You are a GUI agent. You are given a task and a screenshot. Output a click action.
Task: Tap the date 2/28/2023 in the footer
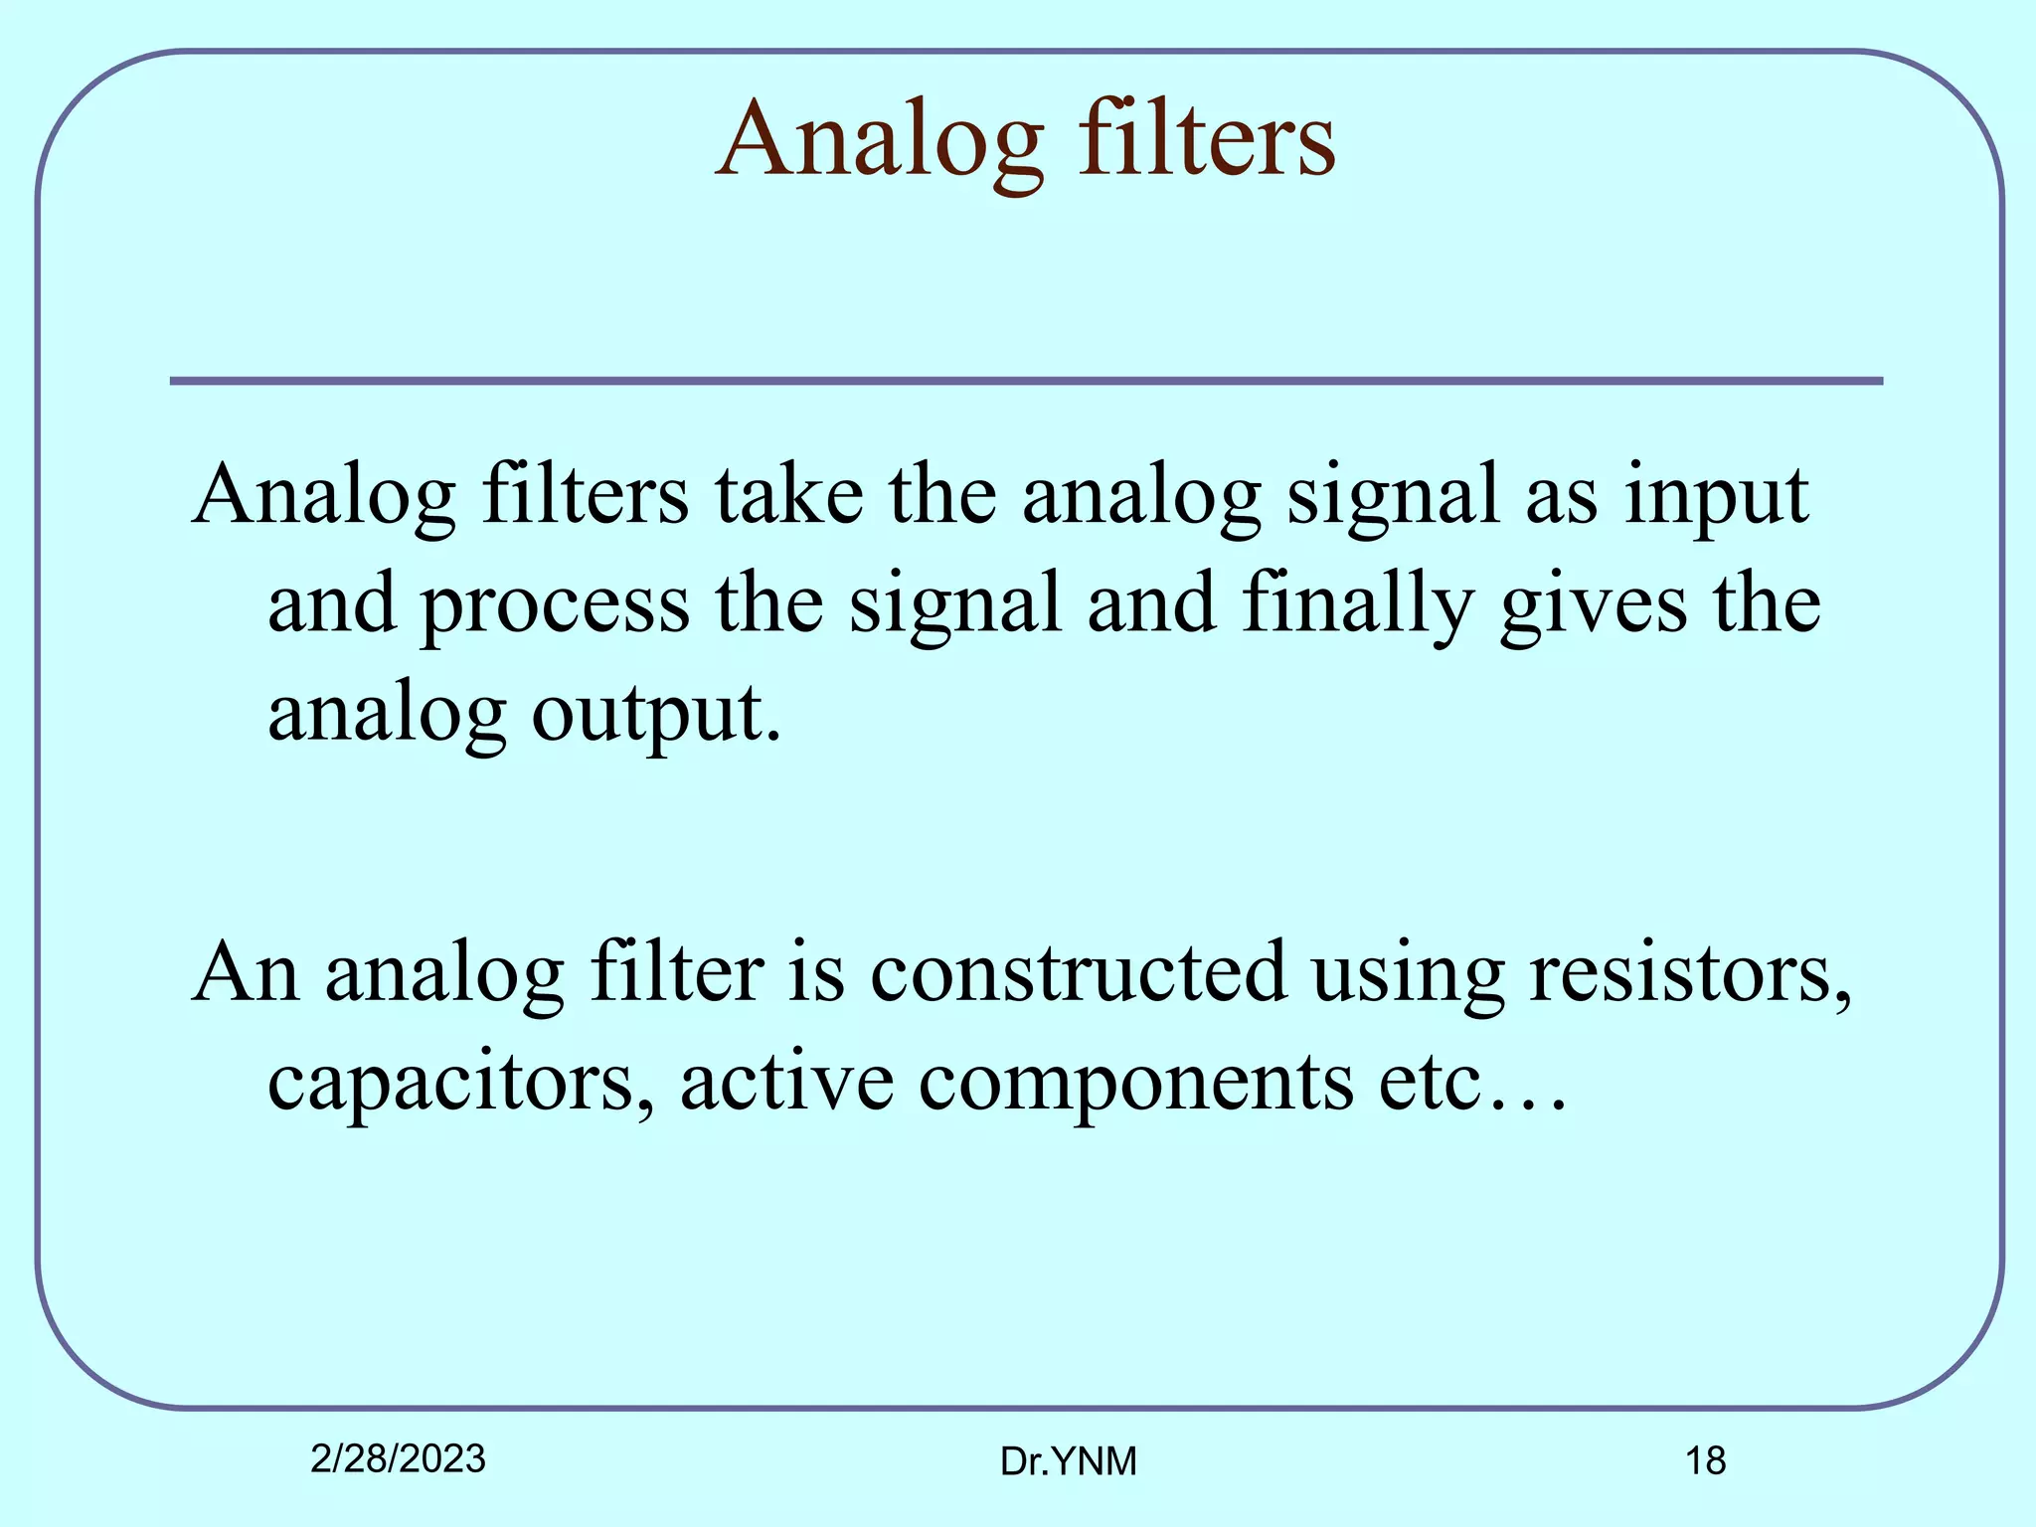coord(398,1458)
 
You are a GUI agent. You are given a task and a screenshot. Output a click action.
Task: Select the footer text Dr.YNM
coord(1068,1461)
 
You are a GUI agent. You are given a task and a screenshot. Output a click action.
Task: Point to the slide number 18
coord(1705,1461)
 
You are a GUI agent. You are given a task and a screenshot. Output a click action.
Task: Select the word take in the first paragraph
coord(789,494)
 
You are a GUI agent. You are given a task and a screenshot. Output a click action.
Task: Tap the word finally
coord(1356,604)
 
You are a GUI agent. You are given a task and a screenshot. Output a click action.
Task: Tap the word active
coord(786,1081)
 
